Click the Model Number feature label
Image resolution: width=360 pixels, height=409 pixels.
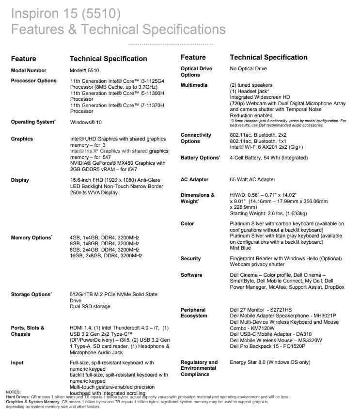(29, 70)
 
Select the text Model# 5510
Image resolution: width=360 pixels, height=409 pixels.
(84, 70)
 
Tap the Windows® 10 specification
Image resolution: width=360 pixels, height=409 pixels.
(86, 123)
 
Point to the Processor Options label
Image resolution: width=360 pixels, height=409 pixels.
(33, 80)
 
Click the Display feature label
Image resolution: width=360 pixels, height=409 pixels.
(20, 180)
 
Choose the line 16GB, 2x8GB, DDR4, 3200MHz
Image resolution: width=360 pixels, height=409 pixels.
(106, 255)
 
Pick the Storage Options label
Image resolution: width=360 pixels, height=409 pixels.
(31, 295)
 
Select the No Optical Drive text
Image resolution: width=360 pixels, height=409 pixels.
(248, 69)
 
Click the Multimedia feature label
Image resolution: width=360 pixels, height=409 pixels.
(194, 85)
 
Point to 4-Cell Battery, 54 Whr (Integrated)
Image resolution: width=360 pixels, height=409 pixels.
(269, 158)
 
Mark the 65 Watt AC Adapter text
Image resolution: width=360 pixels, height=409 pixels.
(252, 179)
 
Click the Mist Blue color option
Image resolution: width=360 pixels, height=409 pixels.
(240, 248)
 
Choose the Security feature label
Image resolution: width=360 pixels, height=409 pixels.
(190, 259)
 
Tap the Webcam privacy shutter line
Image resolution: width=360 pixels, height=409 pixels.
(257, 265)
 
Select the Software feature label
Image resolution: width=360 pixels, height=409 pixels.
(191, 275)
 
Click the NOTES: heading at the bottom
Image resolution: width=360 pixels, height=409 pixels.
(13, 391)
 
